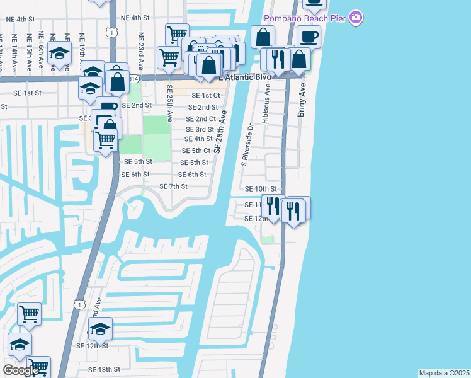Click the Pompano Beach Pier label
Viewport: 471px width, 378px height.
pyautogui.click(x=305, y=18)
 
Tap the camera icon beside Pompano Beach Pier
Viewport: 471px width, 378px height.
pyautogui.click(x=356, y=18)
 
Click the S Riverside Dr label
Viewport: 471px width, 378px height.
pyautogui.click(x=245, y=144)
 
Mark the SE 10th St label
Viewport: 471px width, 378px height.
pyautogui.click(x=261, y=189)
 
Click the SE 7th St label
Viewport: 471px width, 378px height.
pyautogui.click(x=173, y=186)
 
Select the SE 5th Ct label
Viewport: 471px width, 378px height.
pyautogui.click(x=196, y=151)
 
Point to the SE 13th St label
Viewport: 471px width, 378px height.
pyautogui.click(x=104, y=369)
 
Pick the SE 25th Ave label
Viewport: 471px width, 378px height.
pyautogui.click(x=169, y=101)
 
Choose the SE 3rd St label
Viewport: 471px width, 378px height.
pyautogui.click(x=200, y=129)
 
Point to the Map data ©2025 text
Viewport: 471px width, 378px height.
pyautogui.click(x=444, y=373)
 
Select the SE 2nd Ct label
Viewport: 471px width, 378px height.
pyautogui.click(x=201, y=118)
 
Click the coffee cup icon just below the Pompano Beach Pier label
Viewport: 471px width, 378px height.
pyautogui.click(x=309, y=37)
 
